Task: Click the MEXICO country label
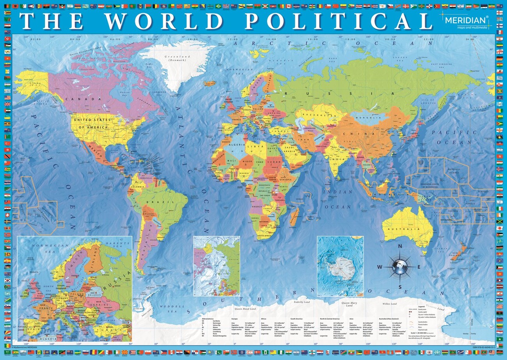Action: pyautogui.click(x=95, y=149)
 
